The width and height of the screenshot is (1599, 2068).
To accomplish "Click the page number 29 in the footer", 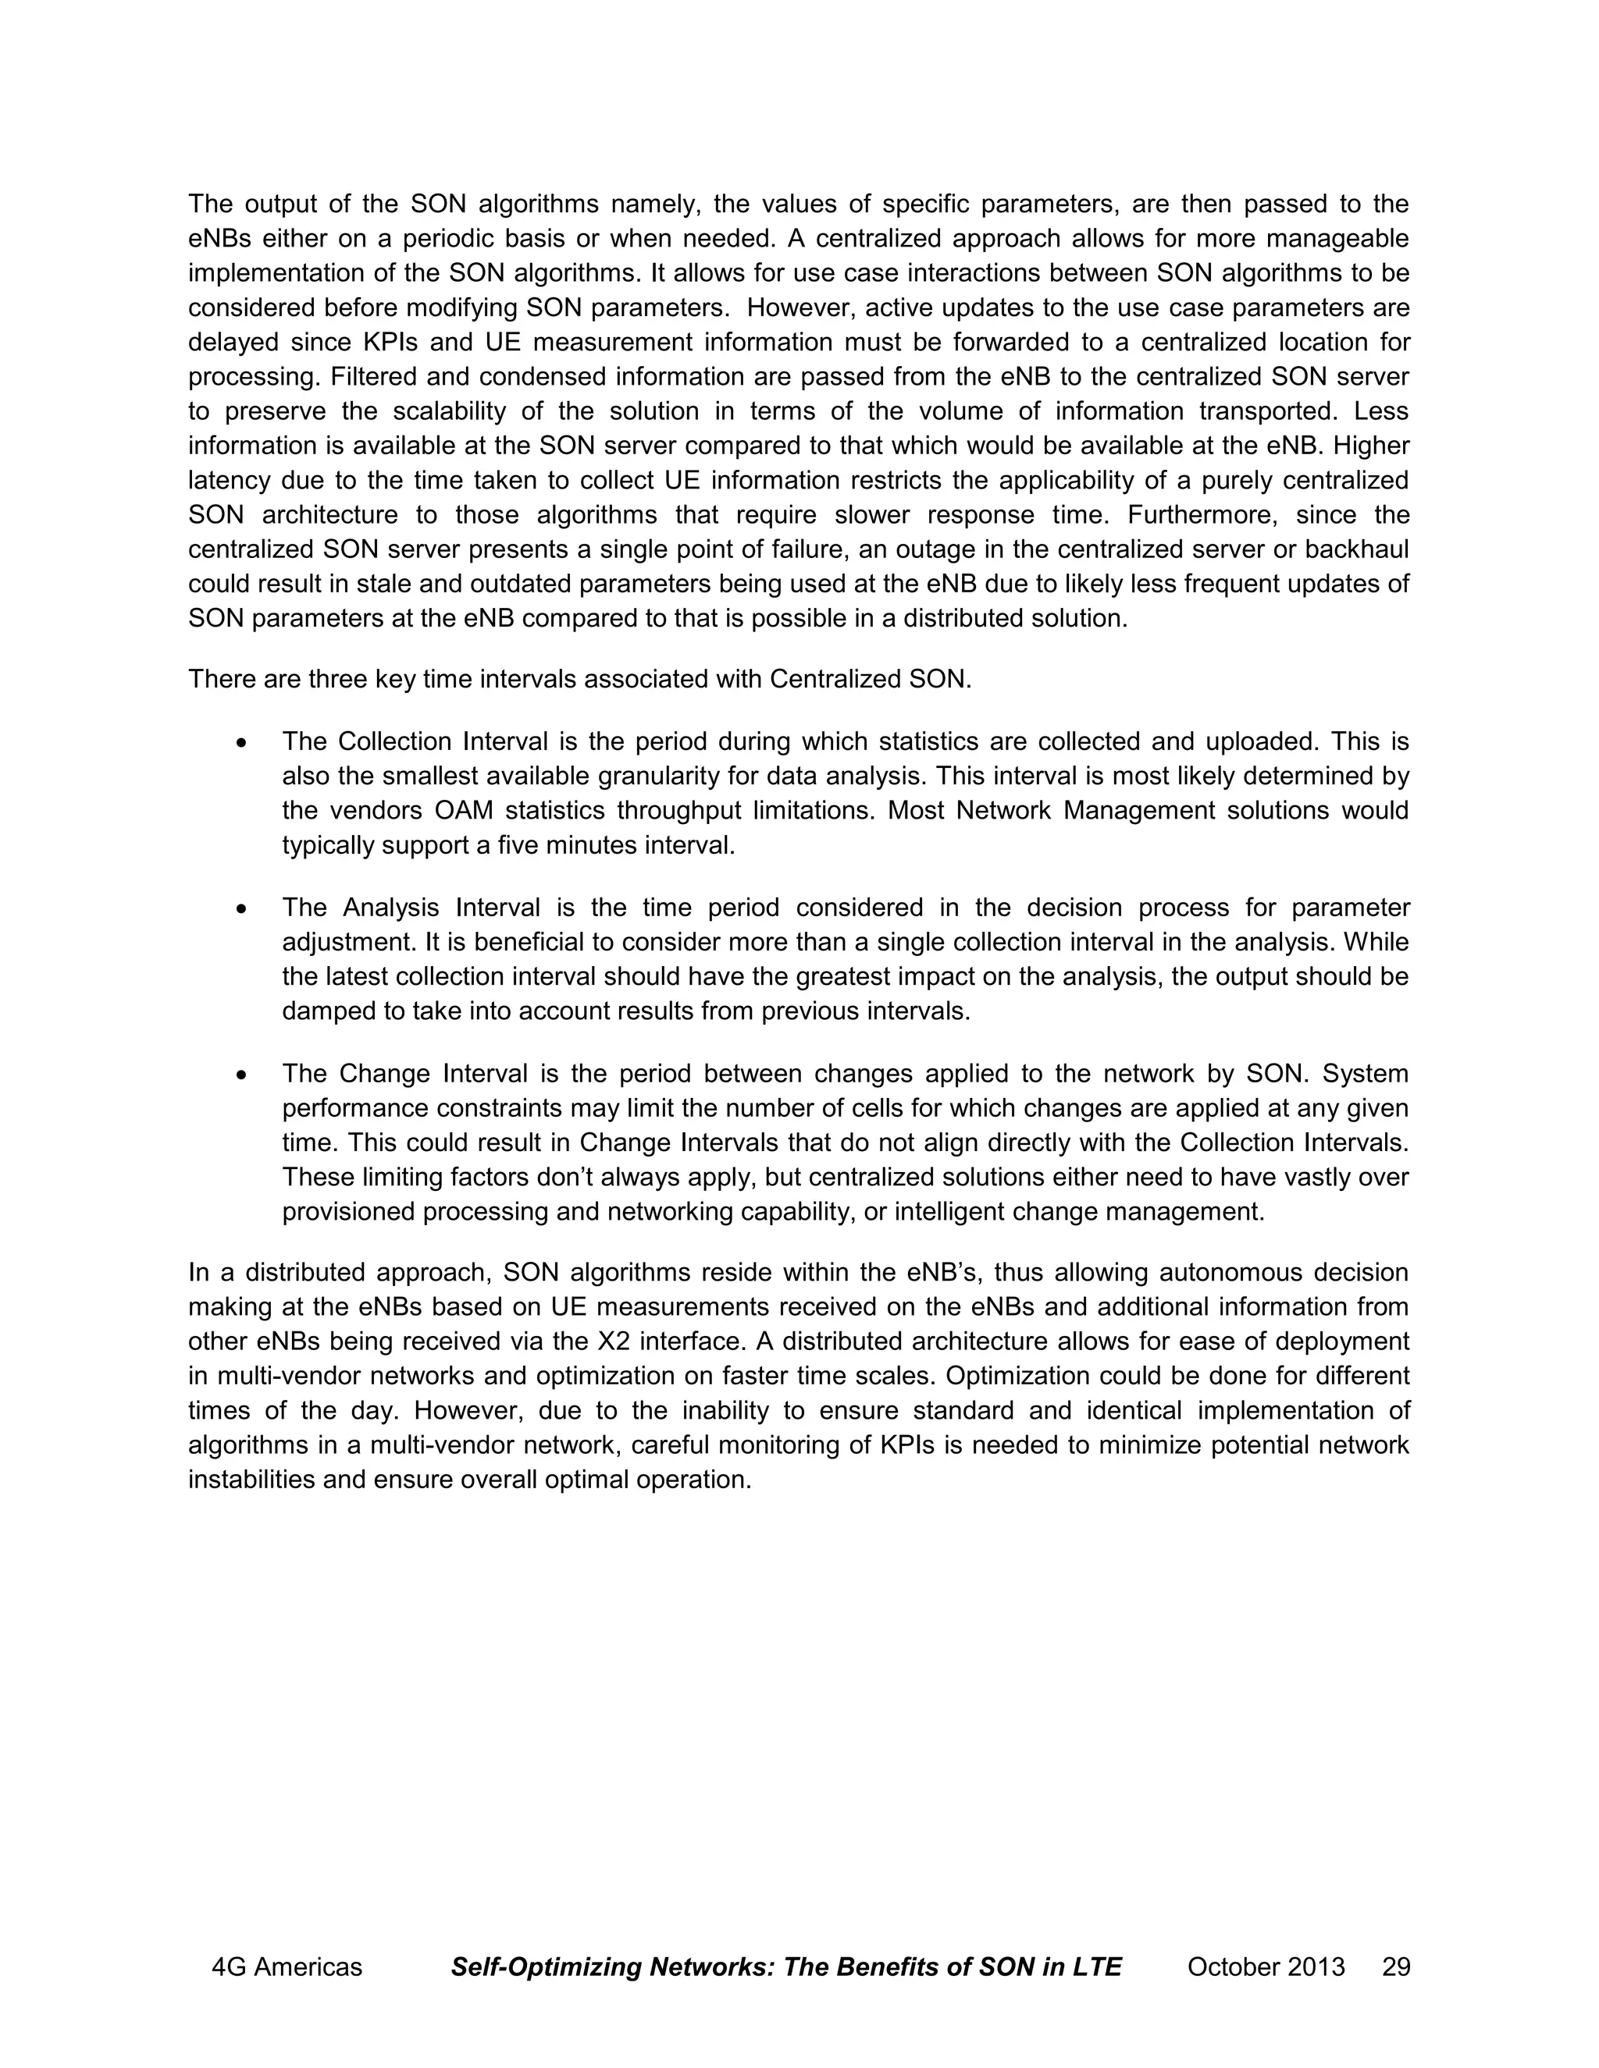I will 1395,1967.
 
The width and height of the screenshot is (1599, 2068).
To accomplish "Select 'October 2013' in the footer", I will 1266,1967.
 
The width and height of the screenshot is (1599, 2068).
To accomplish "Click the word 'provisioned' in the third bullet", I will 347,1212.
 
